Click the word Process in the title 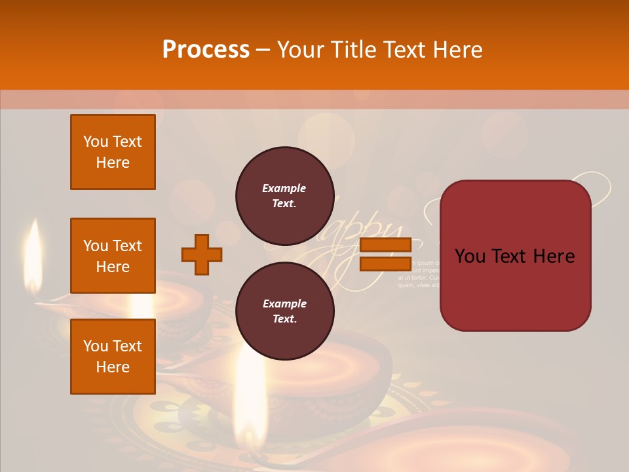coord(206,50)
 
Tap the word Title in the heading coord(352,50)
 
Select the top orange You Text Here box coord(113,152)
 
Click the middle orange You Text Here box coord(113,256)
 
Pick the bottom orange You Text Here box coord(113,357)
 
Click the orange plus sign coord(202,254)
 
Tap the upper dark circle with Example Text coord(284,196)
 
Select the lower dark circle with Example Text coord(284,311)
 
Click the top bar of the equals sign coord(385,245)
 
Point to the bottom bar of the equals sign coord(385,264)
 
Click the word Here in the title coord(459,50)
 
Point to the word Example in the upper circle coord(284,188)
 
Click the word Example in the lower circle coord(284,304)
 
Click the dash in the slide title coord(263,50)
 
